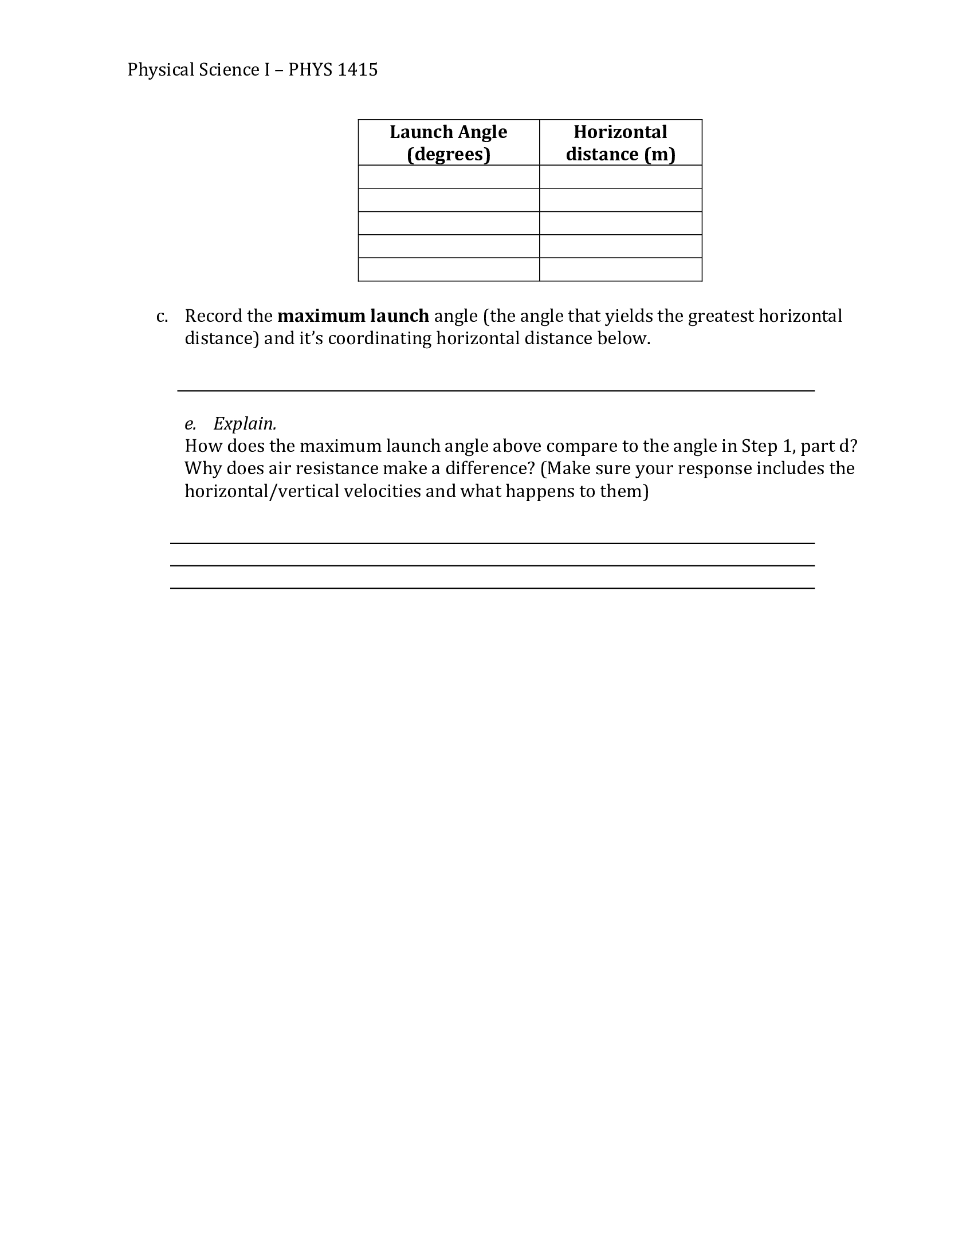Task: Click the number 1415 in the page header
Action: pyautogui.click(x=357, y=70)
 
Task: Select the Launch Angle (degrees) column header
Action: pyautogui.click(x=449, y=143)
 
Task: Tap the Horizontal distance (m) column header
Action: pyautogui.click(x=620, y=143)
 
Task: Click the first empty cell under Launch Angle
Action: pyautogui.click(x=449, y=177)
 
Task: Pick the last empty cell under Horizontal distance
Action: pyautogui.click(x=620, y=269)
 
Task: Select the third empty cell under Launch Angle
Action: pyautogui.click(x=449, y=223)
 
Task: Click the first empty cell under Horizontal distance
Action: pyautogui.click(x=620, y=177)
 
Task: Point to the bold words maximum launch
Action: pyautogui.click(x=353, y=316)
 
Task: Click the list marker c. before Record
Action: pyautogui.click(x=162, y=317)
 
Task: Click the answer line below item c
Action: pyautogui.click(x=495, y=390)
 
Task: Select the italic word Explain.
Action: pyautogui.click(x=245, y=424)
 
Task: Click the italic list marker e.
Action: pyautogui.click(x=190, y=424)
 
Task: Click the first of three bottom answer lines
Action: pyautogui.click(x=492, y=543)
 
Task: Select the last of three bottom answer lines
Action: pyautogui.click(x=492, y=588)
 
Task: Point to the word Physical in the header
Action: pyautogui.click(x=160, y=70)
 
